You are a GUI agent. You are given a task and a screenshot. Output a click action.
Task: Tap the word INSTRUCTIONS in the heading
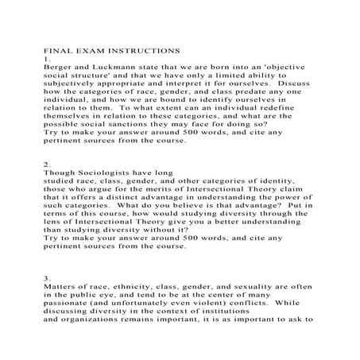(x=141, y=50)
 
